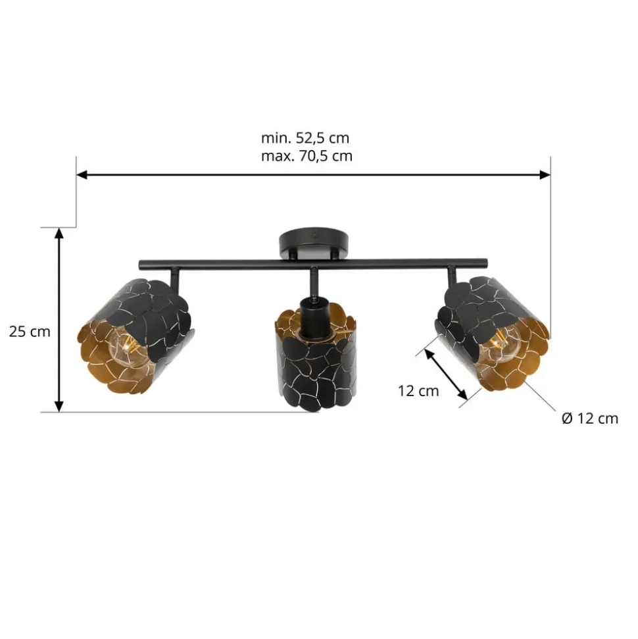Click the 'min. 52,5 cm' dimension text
point(305,138)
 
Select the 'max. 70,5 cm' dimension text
point(307,156)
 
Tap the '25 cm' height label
point(30,332)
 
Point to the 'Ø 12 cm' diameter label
point(590,419)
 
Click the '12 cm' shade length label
point(418,391)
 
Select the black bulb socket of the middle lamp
point(314,317)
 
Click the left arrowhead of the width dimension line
point(82,175)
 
